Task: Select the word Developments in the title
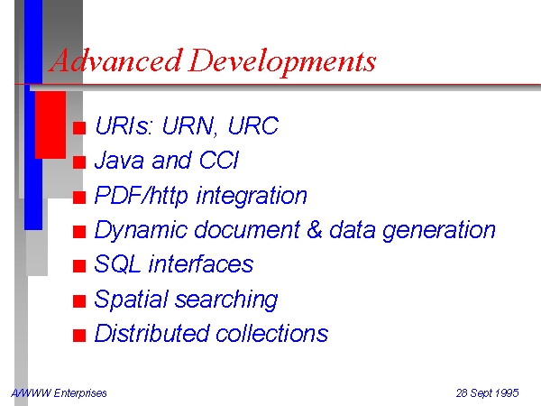(x=282, y=61)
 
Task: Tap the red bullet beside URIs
(x=79, y=128)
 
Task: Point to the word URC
(x=252, y=125)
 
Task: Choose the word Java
(x=119, y=160)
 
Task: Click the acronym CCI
(x=219, y=160)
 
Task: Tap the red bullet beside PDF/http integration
(x=79, y=198)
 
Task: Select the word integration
(x=252, y=196)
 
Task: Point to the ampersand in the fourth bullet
(x=314, y=229)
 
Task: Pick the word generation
(x=439, y=231)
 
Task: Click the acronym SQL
(x=117, y=264)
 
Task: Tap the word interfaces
(x=201, y=264)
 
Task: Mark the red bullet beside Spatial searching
(x=79, y=301)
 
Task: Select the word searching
(x=226, y=300)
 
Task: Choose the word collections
(x=272, y=333)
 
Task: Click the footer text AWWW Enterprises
(x=59, y=392)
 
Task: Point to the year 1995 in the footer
(x=507, y=392)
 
